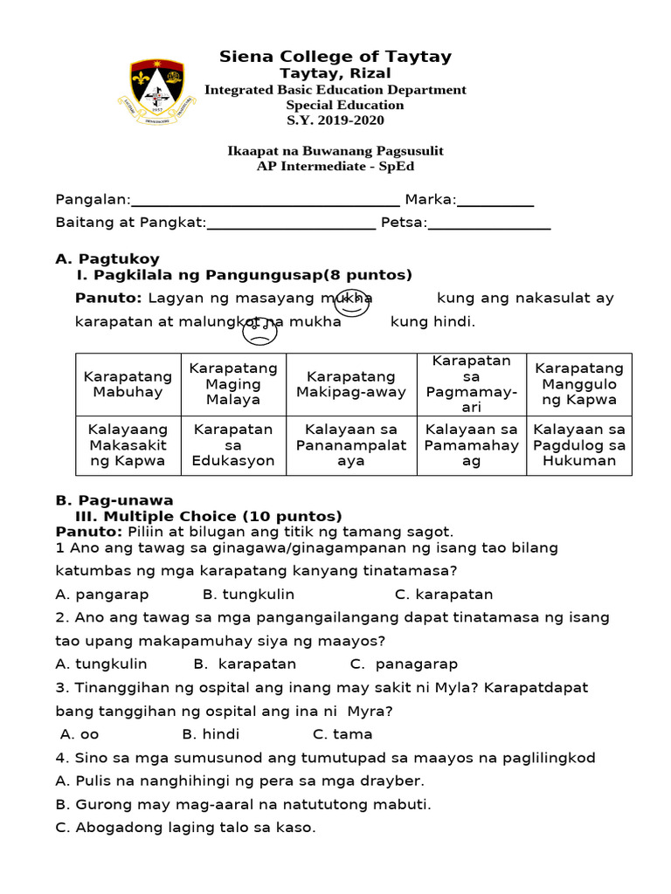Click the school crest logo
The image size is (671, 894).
[x=157, y=90]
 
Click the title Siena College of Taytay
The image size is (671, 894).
[x=335, y=57]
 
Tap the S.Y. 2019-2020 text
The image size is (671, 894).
[x=335, y=120]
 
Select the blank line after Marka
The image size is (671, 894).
[x=495, y=204]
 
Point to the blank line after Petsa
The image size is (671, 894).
[x=489, y=227]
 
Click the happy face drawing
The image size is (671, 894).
[x=352, y=303]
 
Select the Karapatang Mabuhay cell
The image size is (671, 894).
[x=128, y=384]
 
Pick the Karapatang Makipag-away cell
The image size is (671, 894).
[x=351, y=384]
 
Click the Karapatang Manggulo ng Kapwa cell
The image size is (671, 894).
[x=578, y=384]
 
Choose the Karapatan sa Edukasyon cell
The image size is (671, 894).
[x=233, y=445]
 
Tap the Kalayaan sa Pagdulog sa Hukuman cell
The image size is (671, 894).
[x=578, y=445]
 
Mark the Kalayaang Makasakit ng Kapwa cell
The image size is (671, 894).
[x=128, y=445]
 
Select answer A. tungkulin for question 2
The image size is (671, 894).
[x=101, y=664]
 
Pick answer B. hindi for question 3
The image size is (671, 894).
[x=211, y=734]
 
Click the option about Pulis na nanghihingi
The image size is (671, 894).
[x=239, y=781]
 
